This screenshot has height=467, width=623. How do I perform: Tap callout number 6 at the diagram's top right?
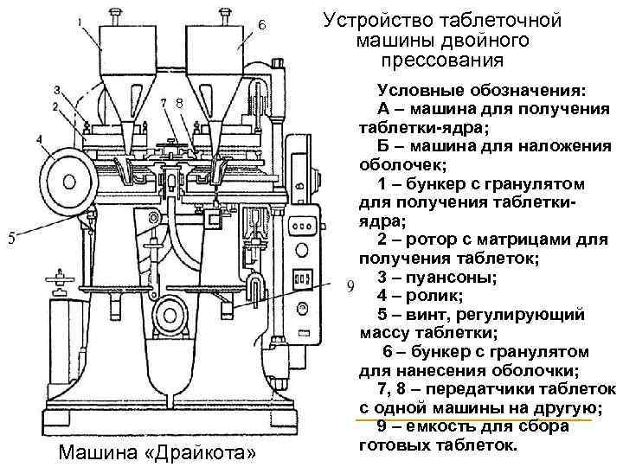pyautogui.click(x=261, y=25)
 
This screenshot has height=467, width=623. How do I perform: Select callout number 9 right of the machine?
pyautogui.click(x=350, y=285)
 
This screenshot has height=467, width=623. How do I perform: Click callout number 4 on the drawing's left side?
pyautogui.click(x=39, y=138)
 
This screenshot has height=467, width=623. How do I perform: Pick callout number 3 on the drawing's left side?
pyautogui.click(x=55, y=90)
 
